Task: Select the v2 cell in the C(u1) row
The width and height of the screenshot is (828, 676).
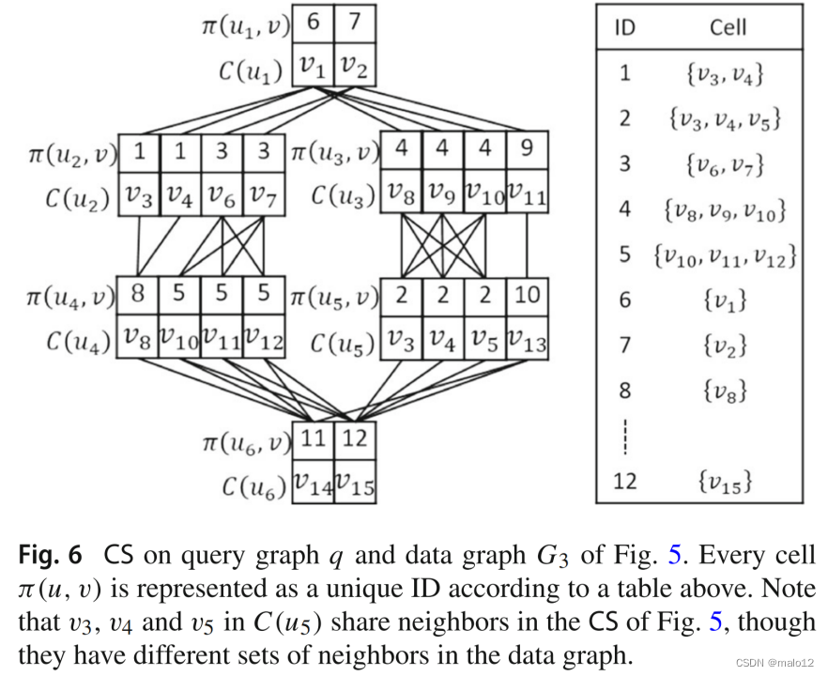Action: click(x=355, y=64)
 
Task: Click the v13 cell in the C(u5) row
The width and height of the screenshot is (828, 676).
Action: click(x=527, y=340)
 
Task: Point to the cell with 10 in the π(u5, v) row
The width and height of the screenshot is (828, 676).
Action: click(x=527, y=296)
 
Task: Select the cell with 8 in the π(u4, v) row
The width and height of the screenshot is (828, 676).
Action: click(x=138, y=296)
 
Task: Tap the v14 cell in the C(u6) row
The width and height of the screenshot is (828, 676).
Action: click(x=313, y=484)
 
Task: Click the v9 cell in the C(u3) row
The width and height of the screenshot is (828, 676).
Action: click(x=442, y=194)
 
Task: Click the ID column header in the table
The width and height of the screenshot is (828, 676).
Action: click(x=624, y=26)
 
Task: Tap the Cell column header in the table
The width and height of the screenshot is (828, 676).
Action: click(x=728, y=26)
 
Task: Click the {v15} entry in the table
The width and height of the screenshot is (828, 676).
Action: click(x=728, y=482)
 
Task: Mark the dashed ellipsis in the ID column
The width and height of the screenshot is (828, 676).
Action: click(x=624, y=436)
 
